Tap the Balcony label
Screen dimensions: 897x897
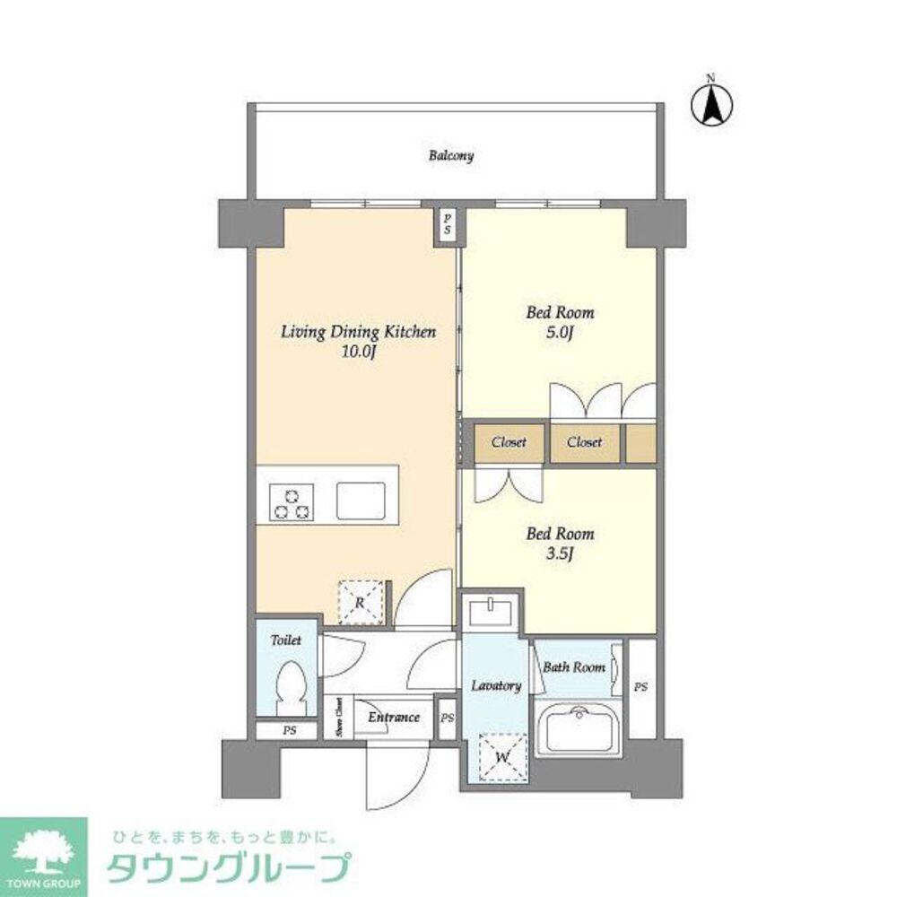(450, 156)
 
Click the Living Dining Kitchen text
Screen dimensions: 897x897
(358, 332)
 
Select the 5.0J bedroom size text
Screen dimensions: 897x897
(560, 334)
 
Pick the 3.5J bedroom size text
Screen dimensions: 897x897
(559, 553)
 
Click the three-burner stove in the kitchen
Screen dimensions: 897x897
(292, 501)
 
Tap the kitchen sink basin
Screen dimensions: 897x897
(361, 500)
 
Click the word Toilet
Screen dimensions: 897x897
(286, 641)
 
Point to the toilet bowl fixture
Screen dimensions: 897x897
(292, 688)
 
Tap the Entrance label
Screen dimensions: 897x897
(394, 717)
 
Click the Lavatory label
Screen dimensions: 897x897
(496, 685)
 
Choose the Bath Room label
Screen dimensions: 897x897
(574, 667)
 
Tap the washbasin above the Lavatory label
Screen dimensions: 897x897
(491, 613)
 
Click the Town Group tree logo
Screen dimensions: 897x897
(43, 849)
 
